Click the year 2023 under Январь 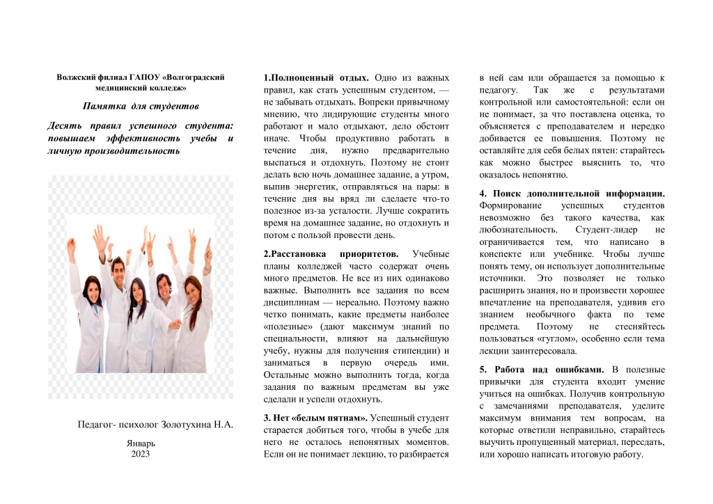pyautogui.click(x=141, y=454)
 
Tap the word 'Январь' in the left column pyautogui.click(x=141, y=443)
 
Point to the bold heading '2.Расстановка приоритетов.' pyautogui.click(x=331, y=253)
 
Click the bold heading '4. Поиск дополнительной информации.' pyautogui.click(x=572, y=193)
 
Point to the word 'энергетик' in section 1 pyautogui.click(x=317, y=187)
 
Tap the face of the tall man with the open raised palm pyautogui.click(x=118, y=267)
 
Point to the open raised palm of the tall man pyautogui.click(x=101, y=235)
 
